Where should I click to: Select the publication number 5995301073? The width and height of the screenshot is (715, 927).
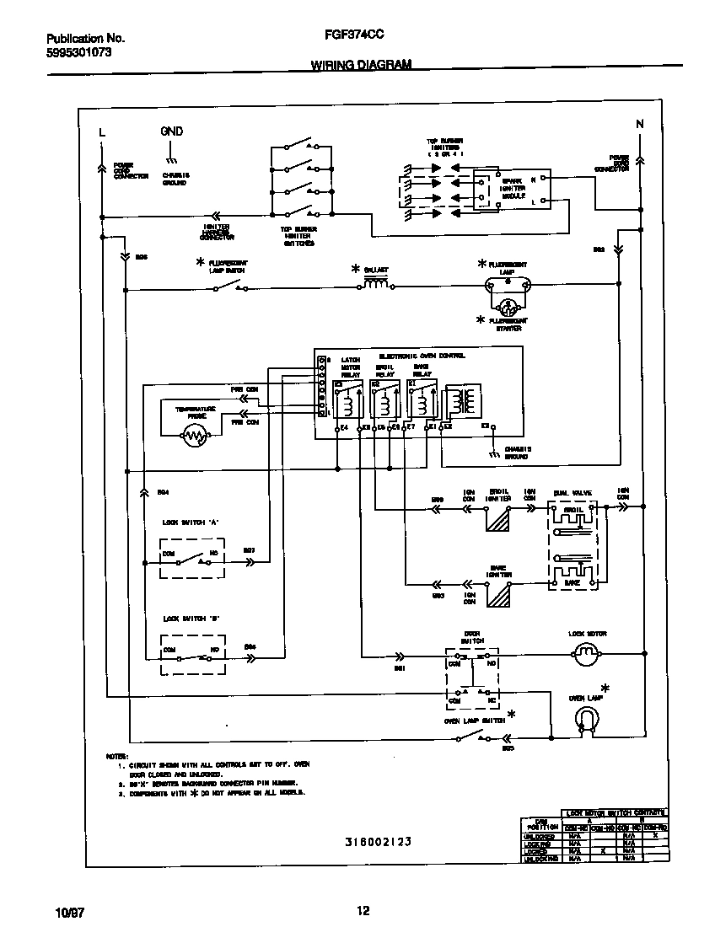pos(78,52)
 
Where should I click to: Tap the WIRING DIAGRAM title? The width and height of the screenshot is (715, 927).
pos(361,64)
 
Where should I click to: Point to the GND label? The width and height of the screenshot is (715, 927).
pos(171,131)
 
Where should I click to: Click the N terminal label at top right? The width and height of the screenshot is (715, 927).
pos(639,125)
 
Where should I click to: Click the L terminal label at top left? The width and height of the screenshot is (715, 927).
pos(102,132)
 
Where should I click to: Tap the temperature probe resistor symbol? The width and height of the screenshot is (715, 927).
pos(196,436)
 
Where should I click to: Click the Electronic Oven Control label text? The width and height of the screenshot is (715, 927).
pos(422,356)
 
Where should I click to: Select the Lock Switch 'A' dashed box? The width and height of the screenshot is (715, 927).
pos(192,557)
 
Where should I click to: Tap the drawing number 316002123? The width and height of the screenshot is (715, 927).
pos(378,842)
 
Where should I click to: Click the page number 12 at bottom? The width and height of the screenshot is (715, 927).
pos(363,910)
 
